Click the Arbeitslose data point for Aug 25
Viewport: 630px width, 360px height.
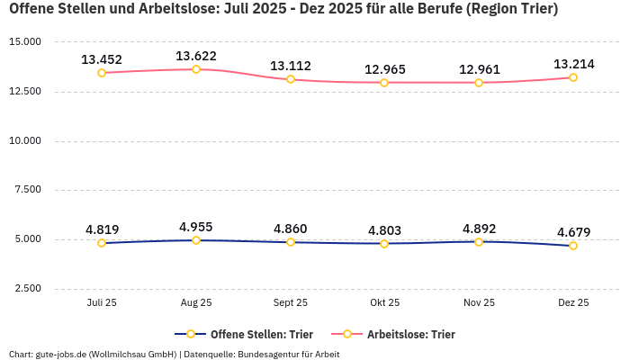click(x=196, y=69)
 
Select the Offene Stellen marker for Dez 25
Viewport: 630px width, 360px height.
click(x=573, y=246)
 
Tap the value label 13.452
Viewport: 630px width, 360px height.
click(x=102, y=59)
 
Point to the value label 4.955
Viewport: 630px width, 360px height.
click(x=196, y=227)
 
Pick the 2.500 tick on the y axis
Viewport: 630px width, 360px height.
click(x=27, y=289)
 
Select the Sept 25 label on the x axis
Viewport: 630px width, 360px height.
click(x=291, y=303)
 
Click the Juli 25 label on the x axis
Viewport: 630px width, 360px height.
click(x=102, y=303)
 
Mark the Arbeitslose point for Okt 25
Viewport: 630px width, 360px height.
click(x=384, y=83)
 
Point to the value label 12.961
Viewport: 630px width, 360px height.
click(x=479, y=69)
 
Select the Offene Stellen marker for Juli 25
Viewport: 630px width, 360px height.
click(x=102, y=243)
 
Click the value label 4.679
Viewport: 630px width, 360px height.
click(x=573, y=232)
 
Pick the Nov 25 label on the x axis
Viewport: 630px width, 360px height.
click(x=479, y=303)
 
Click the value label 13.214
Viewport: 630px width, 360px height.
click(x=573, y=64)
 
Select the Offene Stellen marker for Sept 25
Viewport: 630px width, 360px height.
click(x=291, y=242)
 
